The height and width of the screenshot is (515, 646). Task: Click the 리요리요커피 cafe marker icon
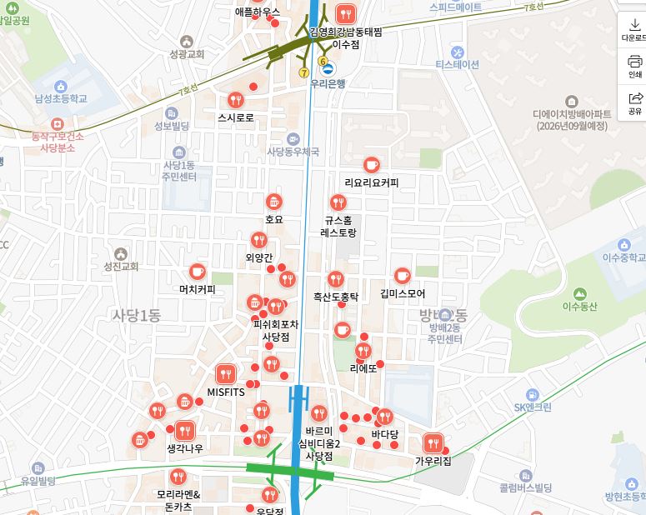[x=372, y=165]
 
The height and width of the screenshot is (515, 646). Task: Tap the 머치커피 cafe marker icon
[x=198, y=272]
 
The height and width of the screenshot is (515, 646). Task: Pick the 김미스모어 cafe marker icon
[x=403, y=276]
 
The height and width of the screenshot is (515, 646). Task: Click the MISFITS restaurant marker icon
[x=225, y=374]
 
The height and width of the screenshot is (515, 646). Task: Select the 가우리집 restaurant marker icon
[x=433, y=442]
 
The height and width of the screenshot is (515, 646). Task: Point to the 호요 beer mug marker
[x=274, y=202]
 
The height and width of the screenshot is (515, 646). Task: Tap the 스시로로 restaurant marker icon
[x=235, y=100]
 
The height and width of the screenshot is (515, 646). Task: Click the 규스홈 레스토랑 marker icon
[x=338, y=202]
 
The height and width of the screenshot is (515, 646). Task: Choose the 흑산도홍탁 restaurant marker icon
[x=335, y=278]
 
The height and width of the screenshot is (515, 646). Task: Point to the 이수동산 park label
[x=580, y=307]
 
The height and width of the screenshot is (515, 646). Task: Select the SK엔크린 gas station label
[x=533, y=407]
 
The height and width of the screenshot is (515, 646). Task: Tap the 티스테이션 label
[x=457, y=64]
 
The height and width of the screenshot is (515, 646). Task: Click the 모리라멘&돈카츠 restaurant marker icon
[x=178, y=477]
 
